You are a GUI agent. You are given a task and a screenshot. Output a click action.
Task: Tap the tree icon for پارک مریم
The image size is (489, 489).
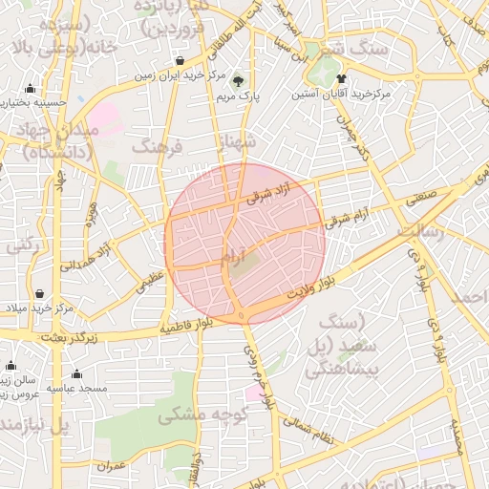(x=238, y=79)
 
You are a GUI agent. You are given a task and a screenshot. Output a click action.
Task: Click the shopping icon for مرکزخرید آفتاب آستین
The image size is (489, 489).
(x=341, y=79)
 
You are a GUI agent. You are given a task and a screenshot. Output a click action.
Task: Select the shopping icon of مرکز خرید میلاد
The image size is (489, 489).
(x=39, y=293)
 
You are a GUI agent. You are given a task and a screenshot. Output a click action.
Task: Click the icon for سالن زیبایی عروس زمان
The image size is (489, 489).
(x=11, y=365)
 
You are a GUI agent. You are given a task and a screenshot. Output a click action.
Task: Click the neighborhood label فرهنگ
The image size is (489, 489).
(x=157, y=146)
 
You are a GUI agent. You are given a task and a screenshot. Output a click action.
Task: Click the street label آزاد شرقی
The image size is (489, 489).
(x=266, y=196)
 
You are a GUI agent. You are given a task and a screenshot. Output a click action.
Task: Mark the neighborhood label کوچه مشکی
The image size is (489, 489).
(x=202, y=415)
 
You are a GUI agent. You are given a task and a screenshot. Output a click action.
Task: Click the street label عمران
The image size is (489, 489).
(x=112, y=467)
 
